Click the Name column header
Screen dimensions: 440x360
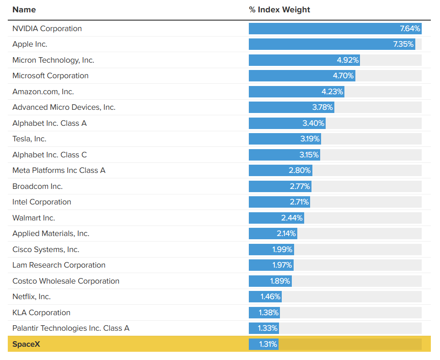tap(24, 10)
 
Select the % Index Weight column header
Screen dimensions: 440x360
tap(279, 10)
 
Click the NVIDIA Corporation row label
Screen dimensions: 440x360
tap(47, 28)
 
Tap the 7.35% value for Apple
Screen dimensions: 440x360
tap(403, 44)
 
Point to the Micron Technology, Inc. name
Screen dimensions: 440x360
tap(54, 60)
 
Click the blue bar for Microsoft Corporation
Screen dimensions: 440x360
tap(302, 76)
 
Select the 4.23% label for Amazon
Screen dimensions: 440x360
tap(332, 91)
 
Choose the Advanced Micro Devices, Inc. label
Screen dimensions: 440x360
tap(64, 107)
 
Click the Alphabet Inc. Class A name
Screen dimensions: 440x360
tap(50, 123)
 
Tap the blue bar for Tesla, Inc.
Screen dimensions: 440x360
tap(285, 139)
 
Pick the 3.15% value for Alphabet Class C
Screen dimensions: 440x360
tap(309, 155)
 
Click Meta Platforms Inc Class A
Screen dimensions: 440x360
tap(59, 170)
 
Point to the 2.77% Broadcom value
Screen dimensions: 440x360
tap(300, 186)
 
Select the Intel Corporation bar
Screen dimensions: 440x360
tap(279, 202)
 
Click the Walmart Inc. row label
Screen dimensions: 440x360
tap(34, 218)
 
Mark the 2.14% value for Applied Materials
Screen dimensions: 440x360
tap(286, 233)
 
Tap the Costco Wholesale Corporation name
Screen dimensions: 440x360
tap(66, 281)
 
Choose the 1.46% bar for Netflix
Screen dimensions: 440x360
tap(265, 296)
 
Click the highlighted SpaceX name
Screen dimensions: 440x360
tap(26, 344)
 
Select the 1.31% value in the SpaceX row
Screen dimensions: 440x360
tap(268, 344)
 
